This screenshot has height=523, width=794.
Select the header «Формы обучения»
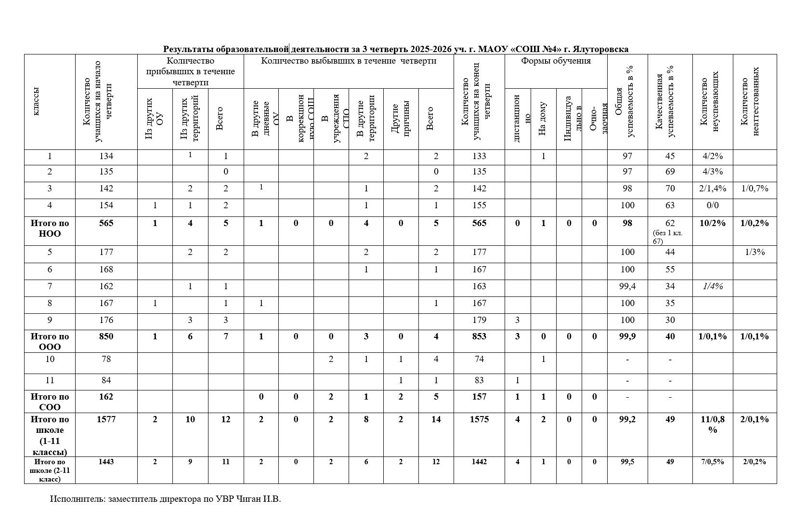click(556, 61)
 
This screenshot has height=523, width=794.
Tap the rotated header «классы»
click(37, 102)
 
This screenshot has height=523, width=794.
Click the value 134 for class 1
click(106, 156)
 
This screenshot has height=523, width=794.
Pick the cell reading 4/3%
click(712, 172)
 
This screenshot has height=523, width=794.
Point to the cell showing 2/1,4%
click(712, 188)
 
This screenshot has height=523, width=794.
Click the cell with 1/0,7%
click(755, 188)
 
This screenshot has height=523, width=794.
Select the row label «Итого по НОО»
click(50, 228)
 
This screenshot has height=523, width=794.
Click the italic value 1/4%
click(712, 286)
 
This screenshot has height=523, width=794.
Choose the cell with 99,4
click(627, 286)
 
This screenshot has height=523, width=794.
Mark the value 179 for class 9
click(479, 320)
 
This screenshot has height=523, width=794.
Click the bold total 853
click(479, 336)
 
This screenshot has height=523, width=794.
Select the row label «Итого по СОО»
click(50, 402)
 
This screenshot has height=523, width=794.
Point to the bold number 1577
click(106, 419)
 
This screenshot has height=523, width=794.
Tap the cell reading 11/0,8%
click(713, 424)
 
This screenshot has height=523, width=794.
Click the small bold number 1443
click(106, 462)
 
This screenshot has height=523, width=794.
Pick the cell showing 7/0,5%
click(712, 462)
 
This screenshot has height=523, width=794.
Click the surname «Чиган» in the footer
click(248, 499)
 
